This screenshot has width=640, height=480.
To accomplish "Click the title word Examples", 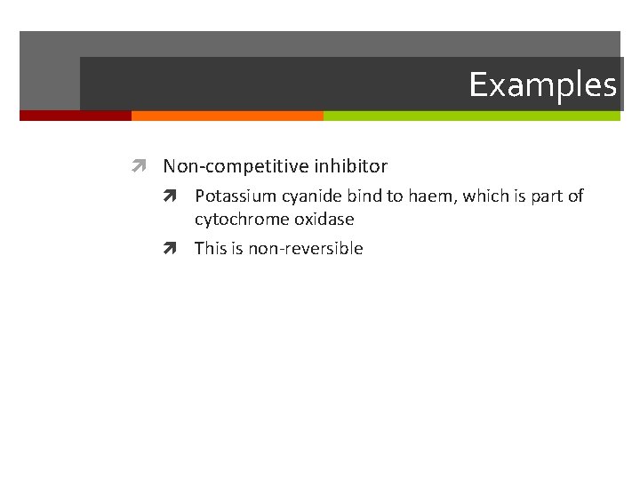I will pos(542,85).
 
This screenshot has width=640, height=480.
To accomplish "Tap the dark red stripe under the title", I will pos(76,116).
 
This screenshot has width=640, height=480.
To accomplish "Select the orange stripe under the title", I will pos(227,116).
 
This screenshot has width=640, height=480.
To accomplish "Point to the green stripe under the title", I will pos(471,116).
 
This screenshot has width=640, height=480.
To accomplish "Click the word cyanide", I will pos(304,196).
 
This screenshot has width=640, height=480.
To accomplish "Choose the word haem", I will pos(428,196).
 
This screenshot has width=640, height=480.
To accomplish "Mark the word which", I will pos(483,196).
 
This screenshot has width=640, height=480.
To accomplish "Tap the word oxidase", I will pos(324,219).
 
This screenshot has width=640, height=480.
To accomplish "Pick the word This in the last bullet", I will pos(212,249).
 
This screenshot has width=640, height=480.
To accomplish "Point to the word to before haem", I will pos(394,196).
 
